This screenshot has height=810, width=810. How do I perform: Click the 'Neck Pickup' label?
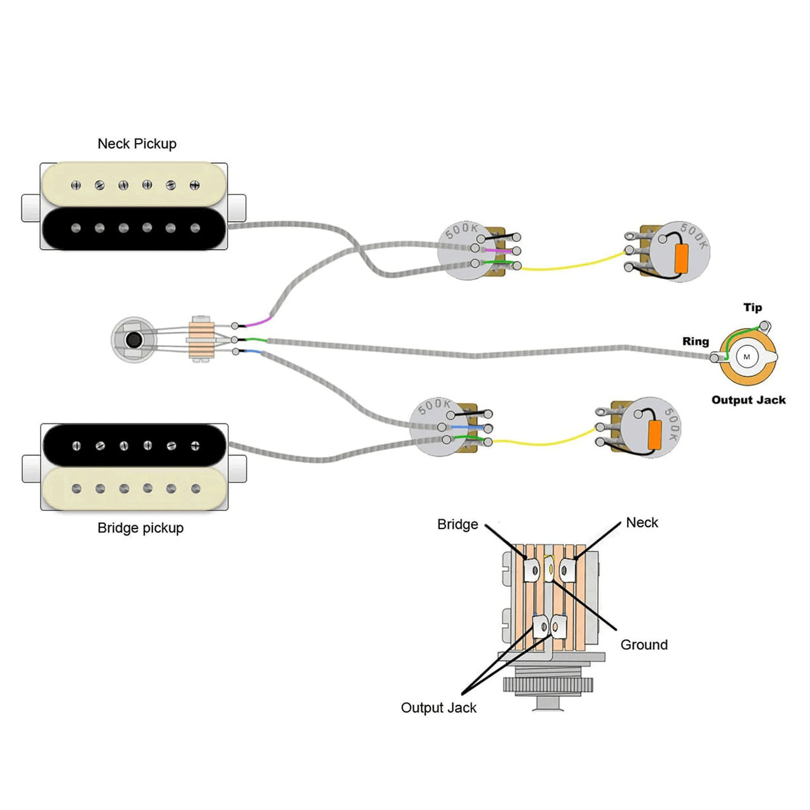137,144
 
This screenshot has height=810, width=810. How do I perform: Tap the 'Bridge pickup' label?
140,528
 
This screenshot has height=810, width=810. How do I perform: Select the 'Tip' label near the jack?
752,308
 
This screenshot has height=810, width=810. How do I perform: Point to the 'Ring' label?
695,341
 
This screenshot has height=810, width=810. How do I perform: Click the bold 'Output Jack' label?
749,400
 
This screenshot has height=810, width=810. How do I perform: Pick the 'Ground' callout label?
644,645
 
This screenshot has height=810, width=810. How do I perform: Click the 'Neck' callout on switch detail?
642,523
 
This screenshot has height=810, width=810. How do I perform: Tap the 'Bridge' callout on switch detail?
458,525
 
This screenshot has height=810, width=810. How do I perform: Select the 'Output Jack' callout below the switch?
439,708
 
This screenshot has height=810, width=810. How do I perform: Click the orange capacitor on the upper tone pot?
682,258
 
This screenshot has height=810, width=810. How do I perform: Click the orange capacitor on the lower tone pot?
654,431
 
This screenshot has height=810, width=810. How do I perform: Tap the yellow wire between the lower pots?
544,440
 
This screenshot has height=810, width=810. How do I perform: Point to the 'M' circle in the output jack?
747,357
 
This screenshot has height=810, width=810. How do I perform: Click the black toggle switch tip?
134,340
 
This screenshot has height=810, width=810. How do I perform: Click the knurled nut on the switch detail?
548,685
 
